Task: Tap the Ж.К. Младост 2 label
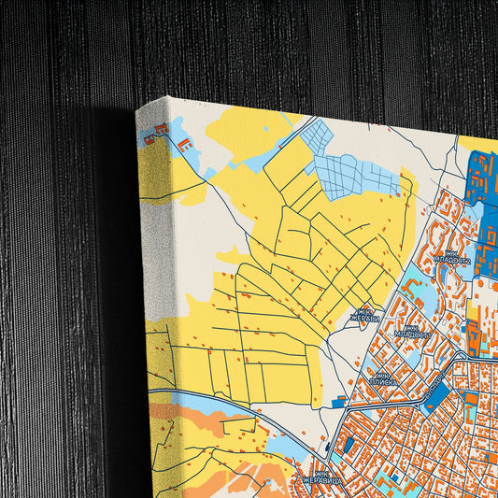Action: pyautogui.click(x=452, y=256)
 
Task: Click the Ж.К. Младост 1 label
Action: pyautogui.click(x=411, y=331)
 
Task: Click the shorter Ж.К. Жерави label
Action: pyautogui.click(x=365, y=315)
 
